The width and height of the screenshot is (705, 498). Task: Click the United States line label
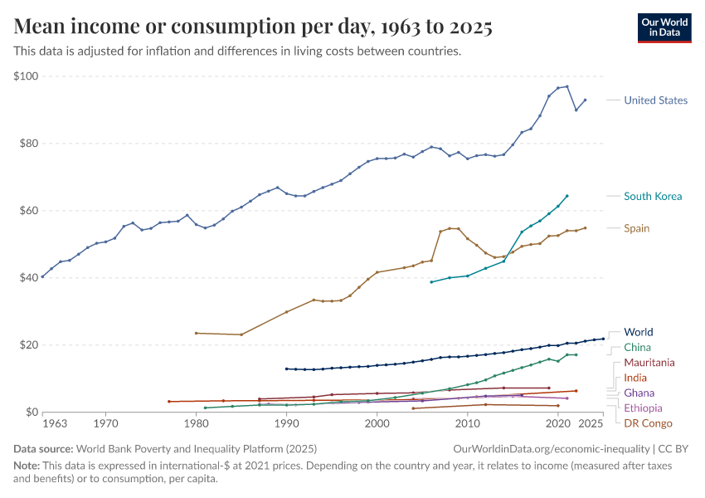point(655,100)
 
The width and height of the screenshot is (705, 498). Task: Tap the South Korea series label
point(653,197)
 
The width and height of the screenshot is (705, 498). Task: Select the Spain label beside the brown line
point(636,228)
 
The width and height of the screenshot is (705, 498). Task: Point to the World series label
point(638,332)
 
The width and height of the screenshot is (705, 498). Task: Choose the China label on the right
point(637,347)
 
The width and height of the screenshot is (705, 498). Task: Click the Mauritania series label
point(649,363)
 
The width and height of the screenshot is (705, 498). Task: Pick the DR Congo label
point(648,423)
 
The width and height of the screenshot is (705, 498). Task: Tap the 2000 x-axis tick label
point(377,424)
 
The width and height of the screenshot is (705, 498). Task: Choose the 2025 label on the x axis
point(590,424)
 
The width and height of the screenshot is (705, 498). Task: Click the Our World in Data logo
point(664,27)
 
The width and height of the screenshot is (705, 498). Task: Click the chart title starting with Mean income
point(253,27)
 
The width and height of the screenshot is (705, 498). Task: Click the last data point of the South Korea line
point(567,196)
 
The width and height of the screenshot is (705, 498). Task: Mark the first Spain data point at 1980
point(196,333)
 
